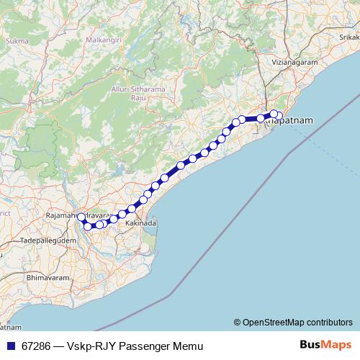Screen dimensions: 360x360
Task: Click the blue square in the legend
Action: (x=10, y=346)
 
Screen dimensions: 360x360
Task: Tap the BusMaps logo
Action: (x=325, y=346)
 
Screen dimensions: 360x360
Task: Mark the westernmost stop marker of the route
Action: (x=81, y=217)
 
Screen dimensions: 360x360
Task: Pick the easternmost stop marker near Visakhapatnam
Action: (x=279, y=116)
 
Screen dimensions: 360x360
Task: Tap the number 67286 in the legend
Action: (x=37, y=346)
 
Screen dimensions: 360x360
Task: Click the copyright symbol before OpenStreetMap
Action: (x=237, y=322)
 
